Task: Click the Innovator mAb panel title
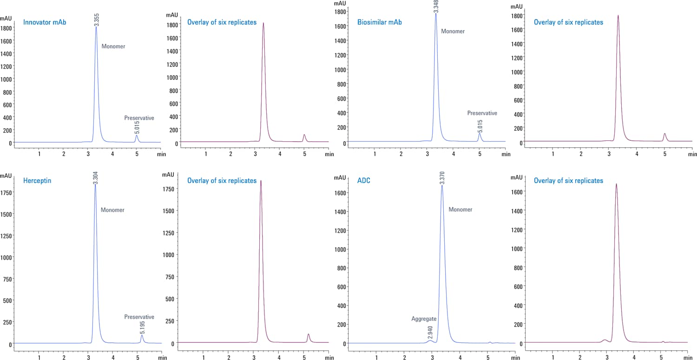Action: tap(45, 22)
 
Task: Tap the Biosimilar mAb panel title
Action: tap(380, 22)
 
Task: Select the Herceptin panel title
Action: tap(37, 180)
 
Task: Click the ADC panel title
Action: tap(364, 180)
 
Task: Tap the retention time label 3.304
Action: tap(96, 177)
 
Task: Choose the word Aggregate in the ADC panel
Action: tap(424, 319)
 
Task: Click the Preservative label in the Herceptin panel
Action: tap(139, 317)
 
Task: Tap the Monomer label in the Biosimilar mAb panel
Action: tap(453, 31)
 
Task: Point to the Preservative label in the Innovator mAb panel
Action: tap(139, 118)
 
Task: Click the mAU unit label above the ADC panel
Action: tap(340, 177)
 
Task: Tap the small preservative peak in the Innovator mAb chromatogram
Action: tap(137, 137)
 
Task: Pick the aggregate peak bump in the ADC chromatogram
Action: tap(430, 341)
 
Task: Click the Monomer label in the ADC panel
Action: tap(460, 209)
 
